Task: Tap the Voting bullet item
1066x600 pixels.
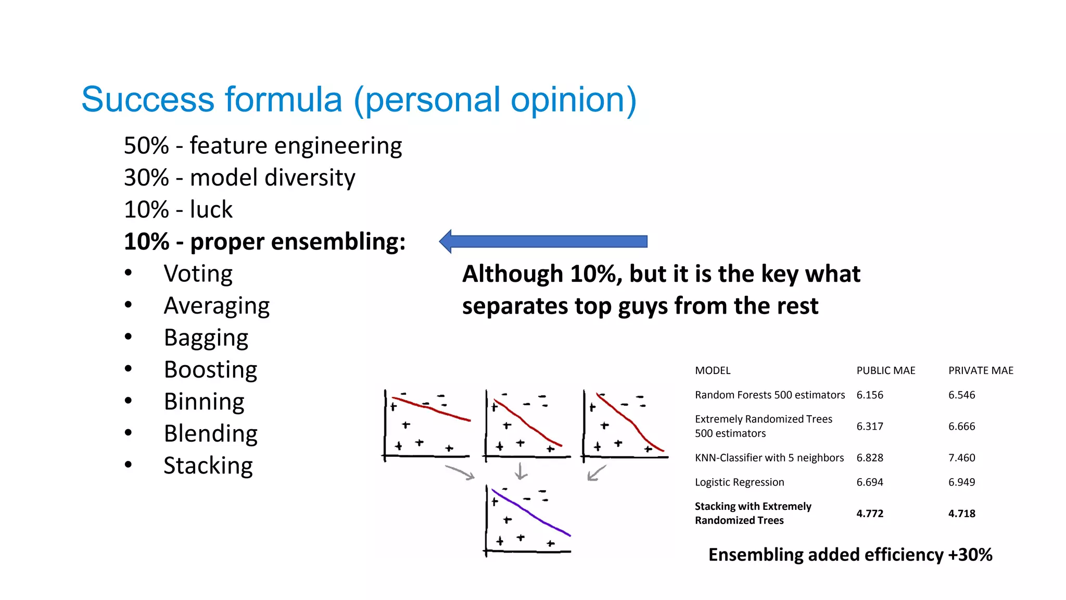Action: [x=198, y=274]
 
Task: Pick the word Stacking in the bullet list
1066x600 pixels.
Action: [x=208, y=466]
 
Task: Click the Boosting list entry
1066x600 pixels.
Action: [x=210, y=370]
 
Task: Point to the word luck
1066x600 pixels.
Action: [x=211, y=209]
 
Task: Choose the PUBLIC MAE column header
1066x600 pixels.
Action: [x=885, y=370]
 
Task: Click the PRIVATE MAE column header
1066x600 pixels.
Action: [x=981, y=370]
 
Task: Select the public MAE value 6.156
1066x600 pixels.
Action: [x=870, y=395]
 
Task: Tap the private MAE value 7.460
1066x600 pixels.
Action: [x=961, y=458]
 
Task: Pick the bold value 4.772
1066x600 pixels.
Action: [x=870, y=514]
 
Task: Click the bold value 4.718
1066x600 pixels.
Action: [x=961, y=514]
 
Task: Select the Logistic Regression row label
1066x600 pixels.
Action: [x=739, y=482]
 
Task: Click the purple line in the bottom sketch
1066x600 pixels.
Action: [x=531, y=513]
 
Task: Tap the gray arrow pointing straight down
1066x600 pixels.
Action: [x=521, y=471]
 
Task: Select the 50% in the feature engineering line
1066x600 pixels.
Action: [x=146, y=145]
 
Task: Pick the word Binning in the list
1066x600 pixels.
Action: [x=204, y=402]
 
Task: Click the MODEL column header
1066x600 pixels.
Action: [x=713, y=370]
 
